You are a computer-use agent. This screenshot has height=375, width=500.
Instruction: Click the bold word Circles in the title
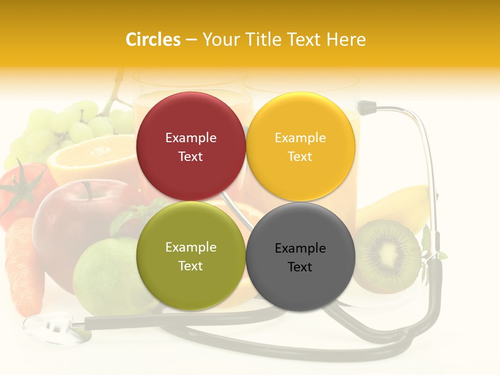(x=153, y=40)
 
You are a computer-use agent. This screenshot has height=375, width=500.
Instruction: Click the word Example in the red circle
(x=191, y=138)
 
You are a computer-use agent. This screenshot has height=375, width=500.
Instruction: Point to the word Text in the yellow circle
(x=300, y=156)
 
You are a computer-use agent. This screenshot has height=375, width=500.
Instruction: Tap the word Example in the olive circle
(x=191, y=247)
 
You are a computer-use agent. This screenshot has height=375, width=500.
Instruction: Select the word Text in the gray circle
(x=300, y=267)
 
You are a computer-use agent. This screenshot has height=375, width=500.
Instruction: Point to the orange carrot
(x=23, y=266)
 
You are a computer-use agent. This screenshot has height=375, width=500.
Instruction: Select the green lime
(x=104, y=276)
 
